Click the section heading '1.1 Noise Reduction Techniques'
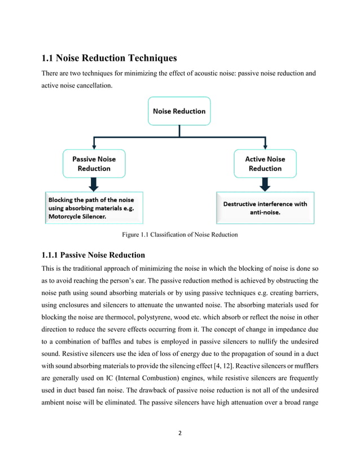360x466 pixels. pyautogui.click(x=109, y=58)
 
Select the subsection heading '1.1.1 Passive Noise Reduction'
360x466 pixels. pyautogui.click(x=93, y=255)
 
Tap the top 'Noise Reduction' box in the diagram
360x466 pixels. pyautogui.click(x=179, y=111)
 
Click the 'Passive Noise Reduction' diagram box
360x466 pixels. pyautogui.click(x=94, y=164)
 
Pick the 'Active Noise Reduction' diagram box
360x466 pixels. pyautogui.click(x=265, y=164)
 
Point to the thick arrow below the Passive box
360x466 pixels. pyautogui.click(x=94, y=184)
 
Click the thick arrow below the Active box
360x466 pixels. pyautogui.click(x=265, y=184)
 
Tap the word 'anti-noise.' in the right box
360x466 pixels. pyautogui.click(x=265, y=213)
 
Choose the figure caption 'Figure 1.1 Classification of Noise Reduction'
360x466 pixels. pyautogui.click(x=179, y=235)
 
